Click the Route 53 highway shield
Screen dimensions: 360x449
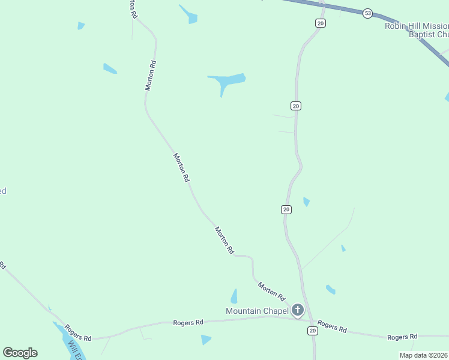pyautogui.click(x=368, y=13)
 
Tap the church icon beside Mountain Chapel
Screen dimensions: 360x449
pyautogui.click(x=297, y=310)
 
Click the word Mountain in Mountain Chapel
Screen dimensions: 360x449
pyautogui.click(x=243, y=311)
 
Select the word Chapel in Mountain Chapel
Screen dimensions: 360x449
pyautogui.click(x=276, y=311)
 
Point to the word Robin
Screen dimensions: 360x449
pyautogui.click(x=396, y=26)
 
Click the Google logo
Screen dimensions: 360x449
pyautogui.click(x=20, y=353)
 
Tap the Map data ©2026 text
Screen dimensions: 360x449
pyautogui.click(x=424, y=355)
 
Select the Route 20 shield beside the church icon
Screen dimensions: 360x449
pyautogui.click(x=312, y=331)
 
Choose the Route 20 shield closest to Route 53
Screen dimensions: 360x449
pyautogui.click(x=321, y=23)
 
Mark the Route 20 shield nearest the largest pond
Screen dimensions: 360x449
pyautogui.click(x=296, y=106)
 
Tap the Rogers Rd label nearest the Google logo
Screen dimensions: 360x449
pyautogui.click(x=77, y=332)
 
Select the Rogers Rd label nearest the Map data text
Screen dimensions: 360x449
pyautogui.click(x=402, y=338)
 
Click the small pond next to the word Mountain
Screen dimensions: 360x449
pyautogui.click(x=234, y=296)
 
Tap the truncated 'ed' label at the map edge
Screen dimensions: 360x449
pyautogui.click(x=3, y=191)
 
